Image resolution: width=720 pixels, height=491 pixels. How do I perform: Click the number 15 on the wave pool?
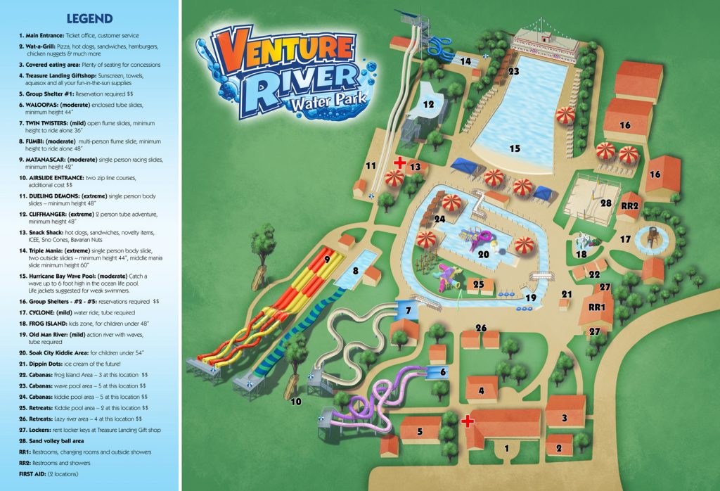(515, 148)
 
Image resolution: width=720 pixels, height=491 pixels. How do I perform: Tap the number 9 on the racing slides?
(326, 259)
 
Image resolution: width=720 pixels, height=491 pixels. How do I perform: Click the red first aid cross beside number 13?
(399, 163)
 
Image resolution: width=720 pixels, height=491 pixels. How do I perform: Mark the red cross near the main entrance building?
(465, 421)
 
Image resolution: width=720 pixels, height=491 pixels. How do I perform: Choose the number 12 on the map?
(429, 104)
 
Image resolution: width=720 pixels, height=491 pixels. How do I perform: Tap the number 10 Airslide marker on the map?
(296, 402)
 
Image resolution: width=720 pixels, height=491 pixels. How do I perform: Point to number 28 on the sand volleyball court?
(605, 203)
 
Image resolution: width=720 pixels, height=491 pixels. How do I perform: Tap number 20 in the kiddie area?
(484, 255)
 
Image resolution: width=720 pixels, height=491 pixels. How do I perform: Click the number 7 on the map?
(407, 310)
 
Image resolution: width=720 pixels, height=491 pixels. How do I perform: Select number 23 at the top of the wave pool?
(513, 71)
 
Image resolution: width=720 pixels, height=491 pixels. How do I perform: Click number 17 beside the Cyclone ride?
(625, 239)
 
